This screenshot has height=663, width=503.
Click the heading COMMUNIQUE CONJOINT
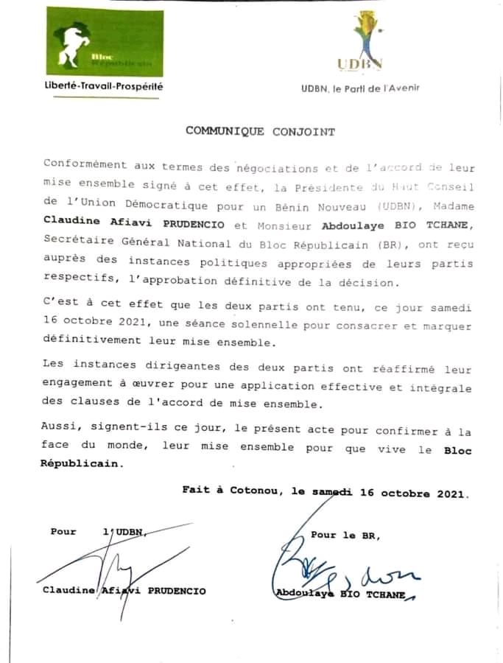260,132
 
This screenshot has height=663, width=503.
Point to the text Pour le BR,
345,536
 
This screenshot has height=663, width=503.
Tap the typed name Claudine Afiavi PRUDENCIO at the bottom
123,591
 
